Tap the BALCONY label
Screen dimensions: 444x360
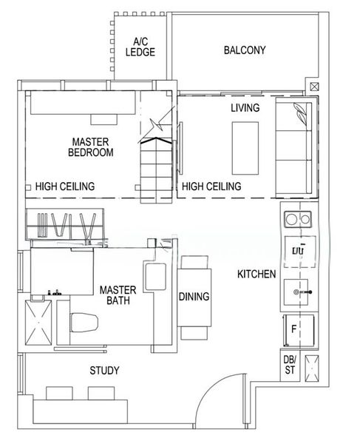[x=245, y=51]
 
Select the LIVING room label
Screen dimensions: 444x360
[x=245, y=108]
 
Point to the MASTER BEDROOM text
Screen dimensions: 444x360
[x=91, y=147]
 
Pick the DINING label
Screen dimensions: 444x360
[x=194, y=297]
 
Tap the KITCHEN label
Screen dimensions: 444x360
[x=257, y=275]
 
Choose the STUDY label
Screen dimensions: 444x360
[x=104, y=370]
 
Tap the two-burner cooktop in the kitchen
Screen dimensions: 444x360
[x=299, y=219]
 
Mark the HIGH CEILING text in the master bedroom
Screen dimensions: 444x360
[x=65, y=187]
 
